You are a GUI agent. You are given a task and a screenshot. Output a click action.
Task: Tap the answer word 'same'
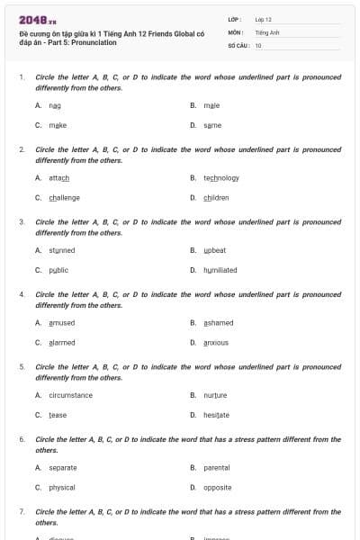coord(212,125)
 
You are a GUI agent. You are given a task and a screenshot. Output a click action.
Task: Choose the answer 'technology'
coord(221,178)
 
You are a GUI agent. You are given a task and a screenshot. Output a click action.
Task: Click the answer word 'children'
coord(216,198)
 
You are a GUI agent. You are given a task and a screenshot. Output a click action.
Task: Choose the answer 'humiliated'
coord(220,270)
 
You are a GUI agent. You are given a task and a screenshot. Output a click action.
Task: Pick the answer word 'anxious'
coord(216,343)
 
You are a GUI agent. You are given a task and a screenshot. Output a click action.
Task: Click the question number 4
coord(22,294)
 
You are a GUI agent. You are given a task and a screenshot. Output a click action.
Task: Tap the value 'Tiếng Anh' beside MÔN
coord(267,31)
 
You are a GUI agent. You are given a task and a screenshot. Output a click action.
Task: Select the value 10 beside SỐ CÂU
coord(258,45)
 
